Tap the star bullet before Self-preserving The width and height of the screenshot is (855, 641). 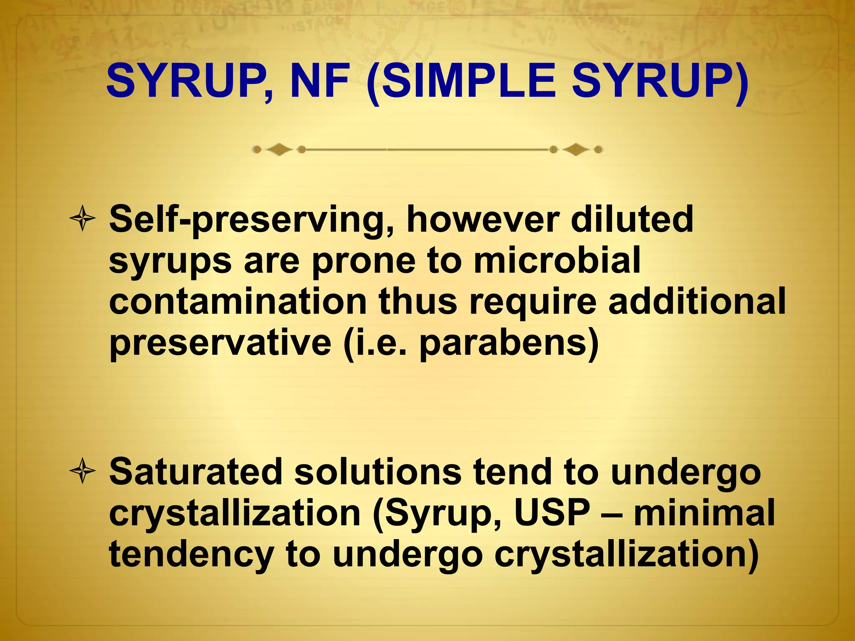click(x=83, y=218)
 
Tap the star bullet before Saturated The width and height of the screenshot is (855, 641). click(x=83, y=471)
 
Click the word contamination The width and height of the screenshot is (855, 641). click(x=238, y=302)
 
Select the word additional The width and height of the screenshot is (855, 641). click(x=697, y=301)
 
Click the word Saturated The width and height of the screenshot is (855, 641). click(x=196, y=472)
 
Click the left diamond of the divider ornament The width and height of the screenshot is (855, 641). click(x=279, y=149)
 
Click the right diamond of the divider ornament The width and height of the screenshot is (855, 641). click(x=576, y=149)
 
